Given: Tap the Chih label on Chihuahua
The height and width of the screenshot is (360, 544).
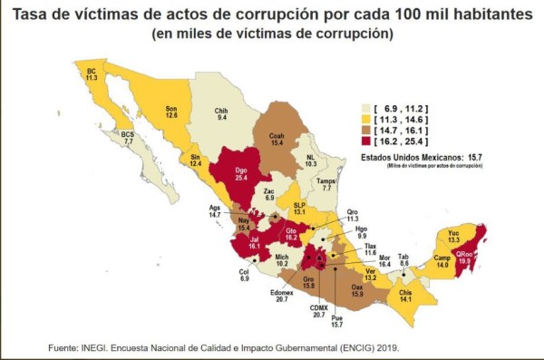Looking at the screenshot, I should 220,112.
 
